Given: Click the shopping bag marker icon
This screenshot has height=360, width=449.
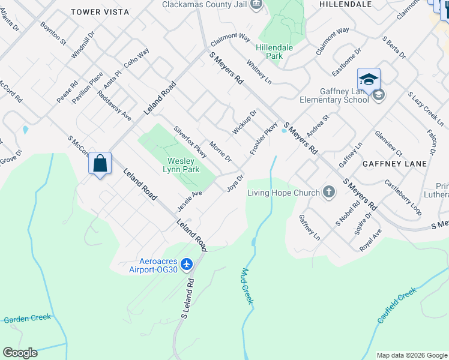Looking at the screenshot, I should tap(100, 163).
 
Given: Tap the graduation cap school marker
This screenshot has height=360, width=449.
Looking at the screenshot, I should tap(369, 79).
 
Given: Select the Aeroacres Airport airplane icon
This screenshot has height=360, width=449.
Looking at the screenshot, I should tap(187, 264).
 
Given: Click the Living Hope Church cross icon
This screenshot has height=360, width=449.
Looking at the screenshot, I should tap(328, 192).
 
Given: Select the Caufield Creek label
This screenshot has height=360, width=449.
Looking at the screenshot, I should tap(397, 305).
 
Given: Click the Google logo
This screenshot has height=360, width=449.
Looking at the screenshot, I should tap(20, 353).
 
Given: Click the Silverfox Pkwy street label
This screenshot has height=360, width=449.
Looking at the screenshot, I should tap(190, 142).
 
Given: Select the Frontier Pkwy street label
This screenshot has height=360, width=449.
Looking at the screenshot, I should tap(264, 139).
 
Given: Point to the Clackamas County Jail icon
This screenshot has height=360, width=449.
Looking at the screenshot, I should tap(257, 4).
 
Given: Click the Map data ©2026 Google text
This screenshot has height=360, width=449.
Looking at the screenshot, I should tap(411, 355).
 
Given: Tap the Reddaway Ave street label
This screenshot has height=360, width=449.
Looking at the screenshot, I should tap(113, 106).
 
